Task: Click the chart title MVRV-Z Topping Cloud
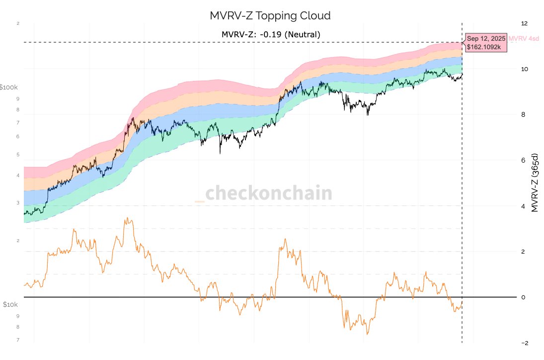270,15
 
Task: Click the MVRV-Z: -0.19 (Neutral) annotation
271,35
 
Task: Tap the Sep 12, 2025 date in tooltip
486,38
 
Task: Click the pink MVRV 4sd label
526,38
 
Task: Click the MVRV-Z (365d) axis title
535,183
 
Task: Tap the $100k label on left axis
9,88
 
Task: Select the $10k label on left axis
10,304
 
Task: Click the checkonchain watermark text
268,193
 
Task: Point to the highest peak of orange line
127,218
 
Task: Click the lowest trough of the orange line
368,334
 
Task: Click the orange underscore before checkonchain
200,200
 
